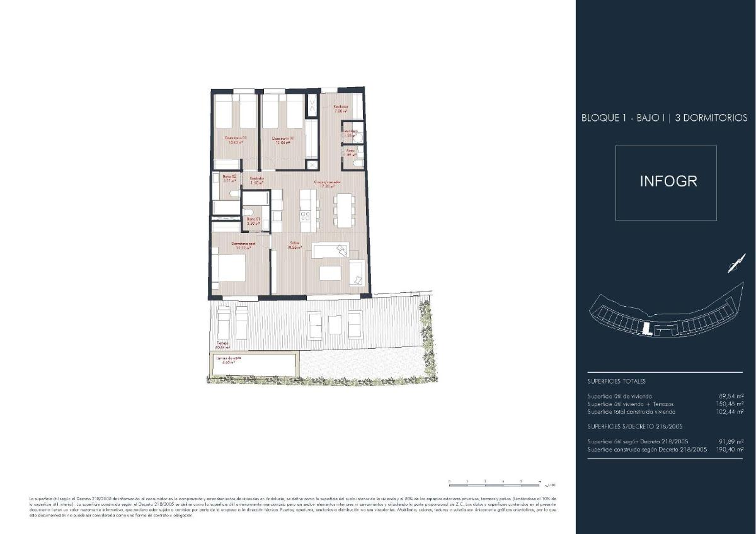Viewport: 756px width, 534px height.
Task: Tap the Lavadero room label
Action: (x=350, y=132)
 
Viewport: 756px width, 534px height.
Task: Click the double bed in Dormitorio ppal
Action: (x=227, y=267)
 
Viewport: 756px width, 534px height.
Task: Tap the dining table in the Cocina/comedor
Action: (x=344, y=210)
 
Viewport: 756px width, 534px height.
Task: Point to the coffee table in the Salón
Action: (x=331, y=273)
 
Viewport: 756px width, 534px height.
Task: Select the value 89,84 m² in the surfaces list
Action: (x=731, y=396)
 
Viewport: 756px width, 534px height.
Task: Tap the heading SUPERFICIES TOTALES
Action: (x=616, y=381)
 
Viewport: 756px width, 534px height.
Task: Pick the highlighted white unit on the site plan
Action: (x=646, y=327)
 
